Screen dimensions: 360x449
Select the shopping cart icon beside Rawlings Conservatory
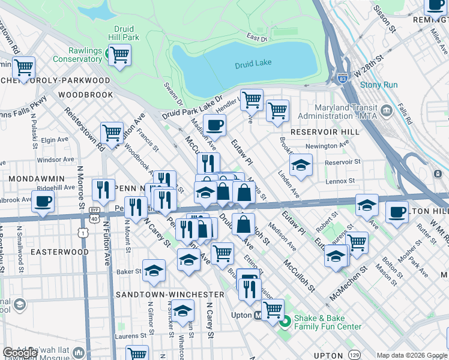(x=119, y=55)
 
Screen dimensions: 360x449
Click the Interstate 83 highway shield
(x=342, y=78)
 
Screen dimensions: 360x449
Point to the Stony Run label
(x=379, y=85)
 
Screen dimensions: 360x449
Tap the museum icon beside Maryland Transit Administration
(x=386, y=110)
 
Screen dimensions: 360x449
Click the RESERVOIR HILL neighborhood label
(x=320, y=131)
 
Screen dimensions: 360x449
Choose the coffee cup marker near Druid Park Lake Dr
(x=214, y=125)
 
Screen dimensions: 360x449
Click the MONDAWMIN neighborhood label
(x=34, y=179)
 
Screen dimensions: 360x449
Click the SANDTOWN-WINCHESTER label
(x=162, y=295)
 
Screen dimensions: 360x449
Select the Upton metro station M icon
(x=258, y=315)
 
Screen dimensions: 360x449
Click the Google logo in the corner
(x=20, y=353)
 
